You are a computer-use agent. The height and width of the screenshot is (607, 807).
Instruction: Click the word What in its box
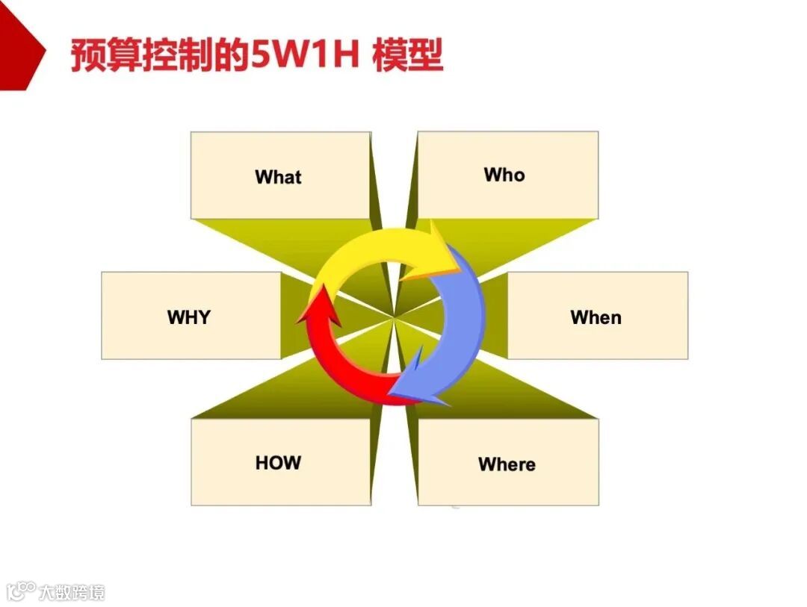tap(278, 177)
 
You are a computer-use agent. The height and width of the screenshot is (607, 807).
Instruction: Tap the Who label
tap(504, 175)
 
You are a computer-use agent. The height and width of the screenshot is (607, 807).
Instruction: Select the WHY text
tap(189, 317)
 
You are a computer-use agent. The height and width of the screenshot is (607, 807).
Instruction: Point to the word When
tap(596, 317)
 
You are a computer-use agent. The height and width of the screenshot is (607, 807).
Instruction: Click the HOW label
tap(278, 462)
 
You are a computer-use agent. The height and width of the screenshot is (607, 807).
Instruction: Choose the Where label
tap(507, 464)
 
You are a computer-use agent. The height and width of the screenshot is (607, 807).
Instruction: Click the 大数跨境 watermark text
tap(72, 592)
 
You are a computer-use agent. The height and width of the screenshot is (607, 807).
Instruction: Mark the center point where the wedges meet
tap(394, 318)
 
